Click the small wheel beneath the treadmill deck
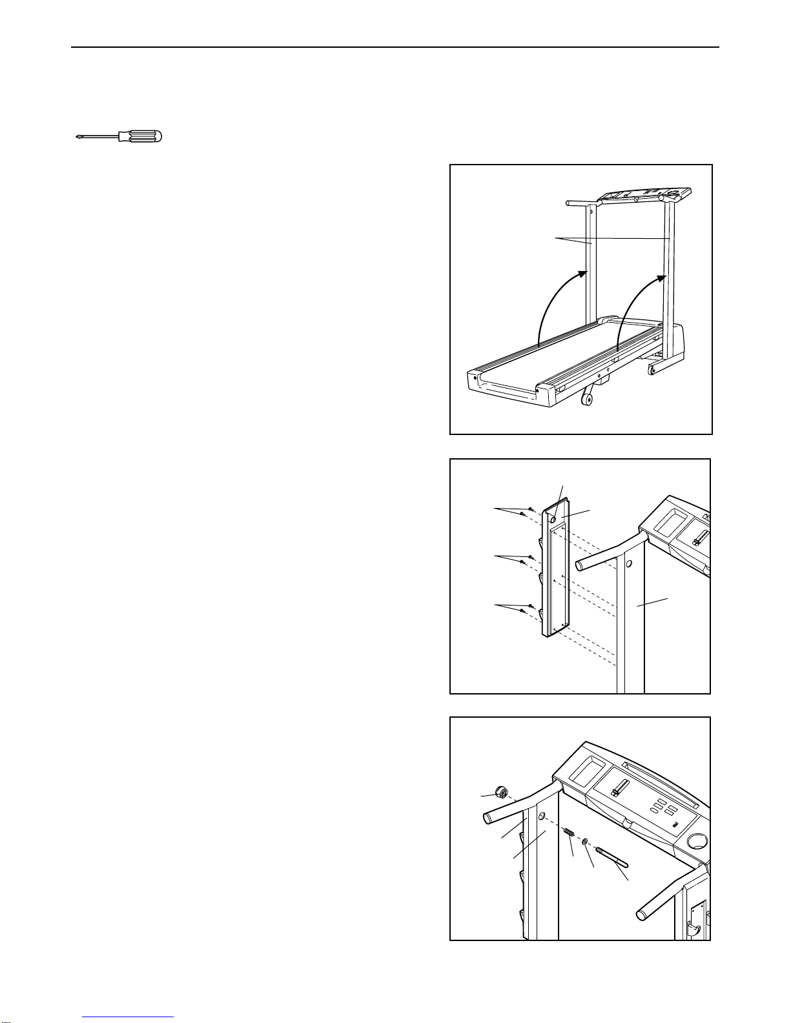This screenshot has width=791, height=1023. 588,401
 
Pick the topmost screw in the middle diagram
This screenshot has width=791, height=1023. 529,509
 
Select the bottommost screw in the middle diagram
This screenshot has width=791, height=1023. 522,610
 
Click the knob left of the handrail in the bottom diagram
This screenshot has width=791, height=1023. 498,791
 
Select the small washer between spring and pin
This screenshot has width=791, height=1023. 584,842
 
